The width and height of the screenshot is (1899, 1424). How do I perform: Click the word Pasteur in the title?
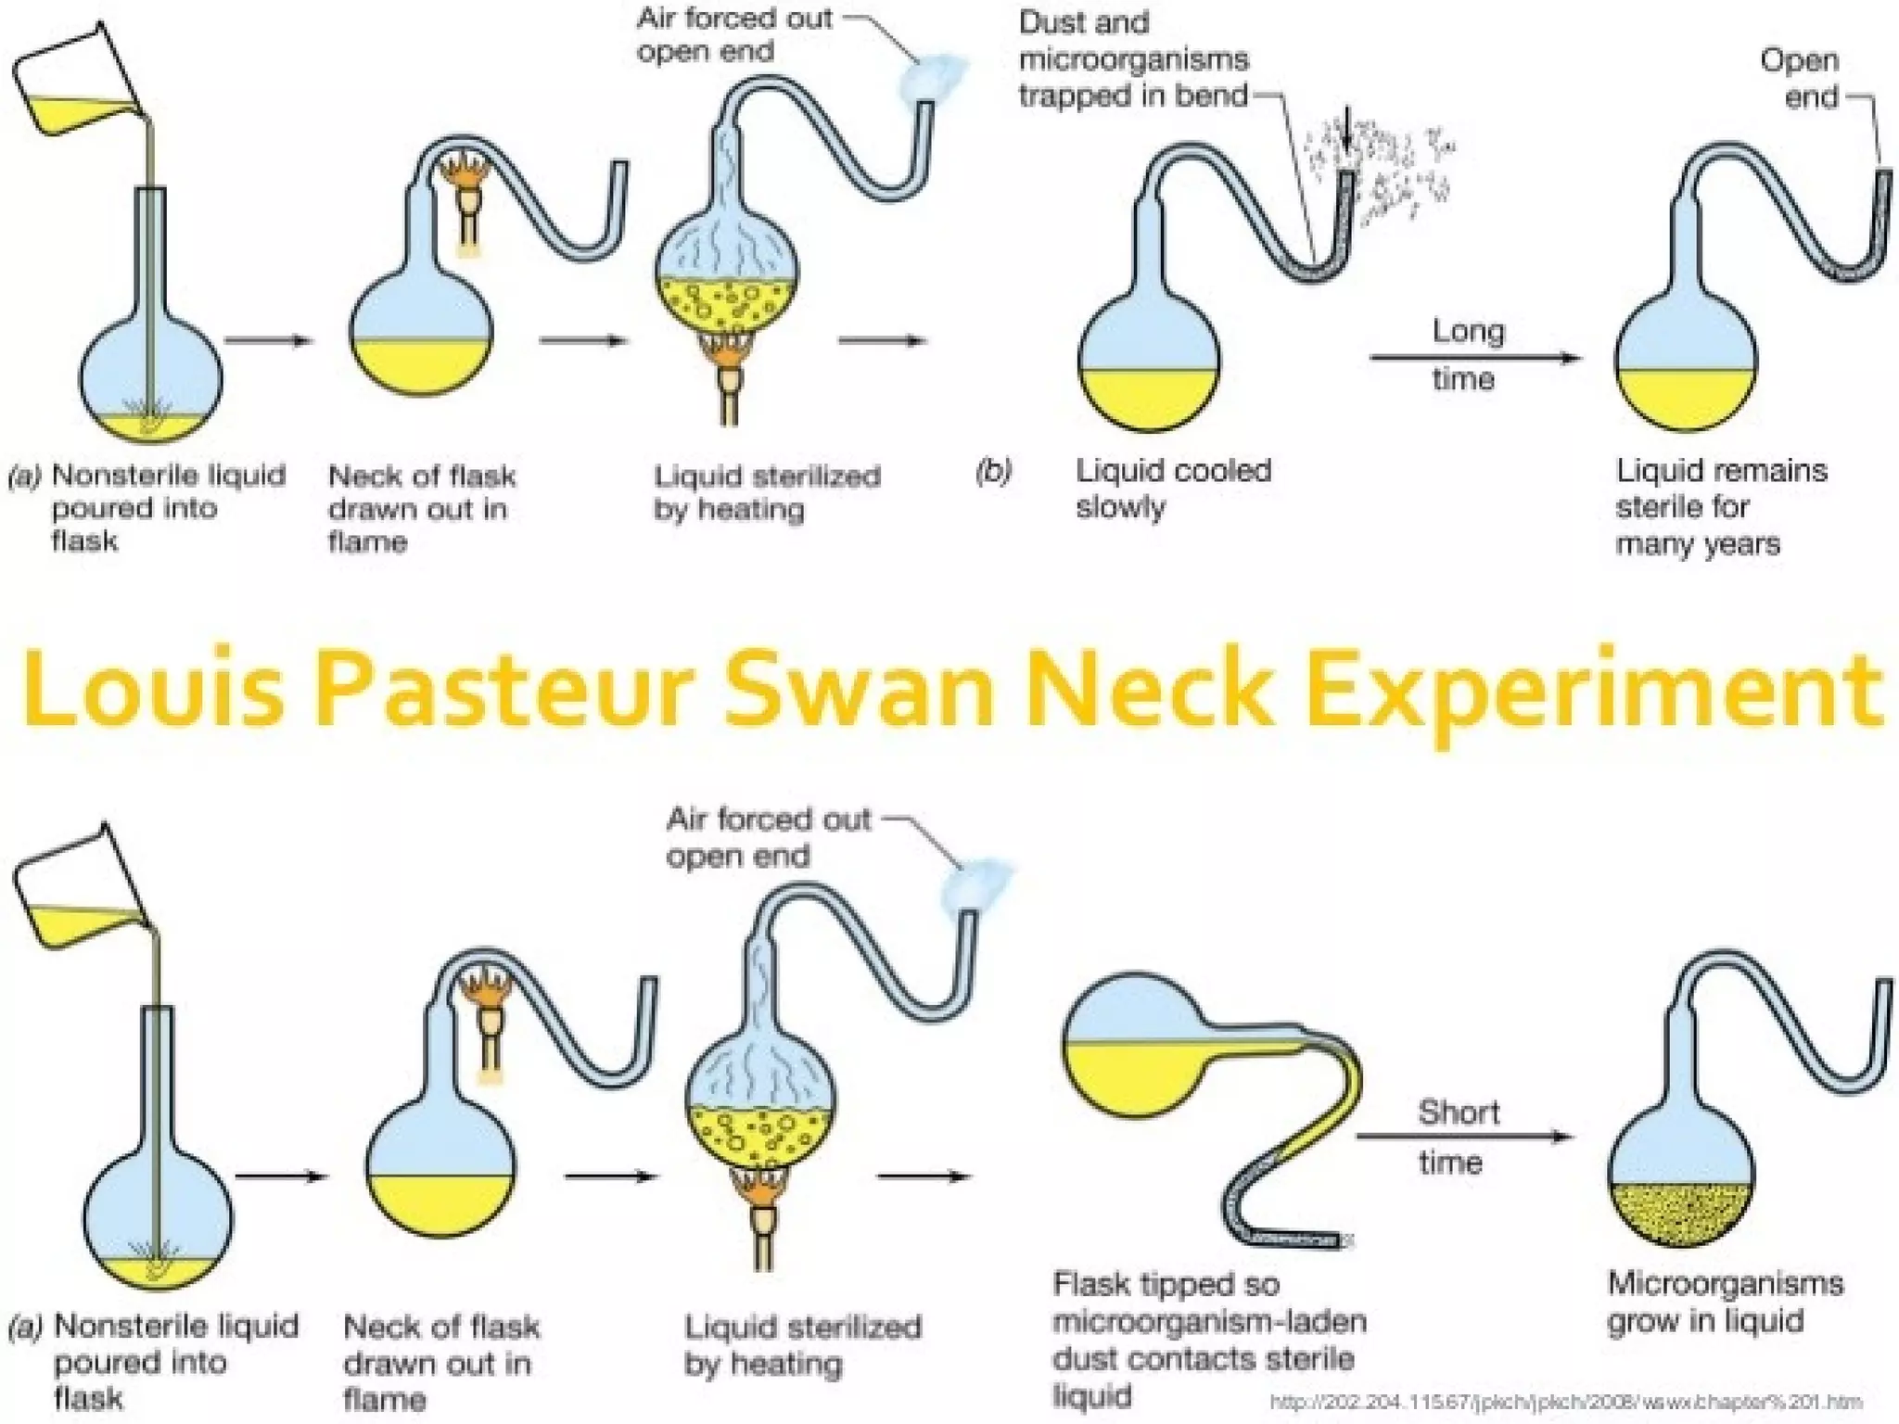tap(505, 691)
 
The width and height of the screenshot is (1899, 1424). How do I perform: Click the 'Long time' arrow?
tap(1474, 358)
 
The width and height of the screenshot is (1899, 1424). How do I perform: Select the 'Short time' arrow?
tap(1465, 1137)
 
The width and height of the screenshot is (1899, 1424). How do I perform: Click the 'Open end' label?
tap(1799, 79)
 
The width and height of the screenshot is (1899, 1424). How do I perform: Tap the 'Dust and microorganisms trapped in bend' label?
tap(1133, 59)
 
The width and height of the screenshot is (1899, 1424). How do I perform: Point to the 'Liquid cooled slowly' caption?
tap(1173, 489)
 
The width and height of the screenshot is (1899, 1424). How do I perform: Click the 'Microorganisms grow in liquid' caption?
tap(1725, 1302)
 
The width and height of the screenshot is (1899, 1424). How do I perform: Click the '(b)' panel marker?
tap(993, 472)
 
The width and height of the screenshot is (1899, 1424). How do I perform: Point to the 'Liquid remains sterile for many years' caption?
tap(1721, 507)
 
